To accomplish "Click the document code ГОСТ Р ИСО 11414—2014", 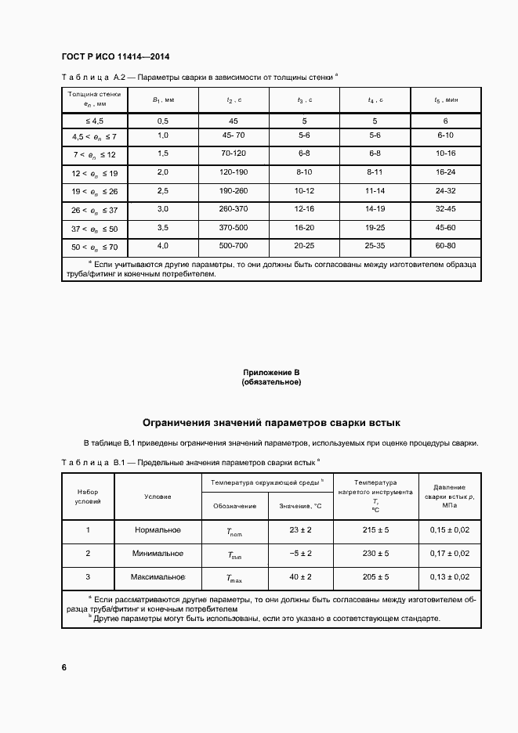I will tap(114, 57).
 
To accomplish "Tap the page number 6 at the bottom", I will tap(64, 667).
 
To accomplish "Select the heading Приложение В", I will tap(271, 373).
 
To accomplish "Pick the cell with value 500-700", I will tap(234, 246).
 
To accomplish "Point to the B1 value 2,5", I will tap(163, 190).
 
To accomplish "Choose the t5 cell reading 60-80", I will tap(445, 246).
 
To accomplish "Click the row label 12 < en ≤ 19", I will tap(94, 172).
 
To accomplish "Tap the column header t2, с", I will tap(234, 100).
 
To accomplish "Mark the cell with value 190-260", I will tap(234, 190).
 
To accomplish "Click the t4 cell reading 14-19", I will tap(375, 209).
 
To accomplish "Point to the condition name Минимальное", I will tap(159, 554).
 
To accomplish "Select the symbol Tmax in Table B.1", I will tap(234, 578).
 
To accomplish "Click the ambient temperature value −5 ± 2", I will tap(300, 554).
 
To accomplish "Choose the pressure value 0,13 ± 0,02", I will tap(450, 577).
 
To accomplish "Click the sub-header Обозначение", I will tap(234, 506).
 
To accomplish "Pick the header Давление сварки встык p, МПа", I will tap(450, 496).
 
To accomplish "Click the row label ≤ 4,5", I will tap(94, 121).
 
